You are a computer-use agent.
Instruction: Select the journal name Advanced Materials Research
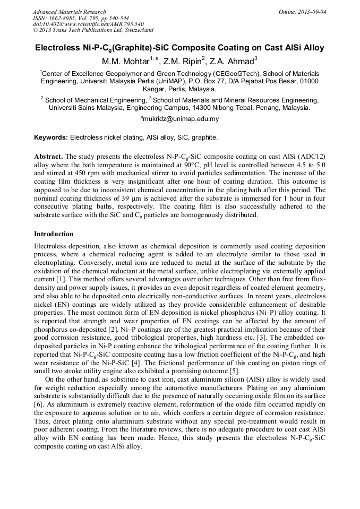pyautogui.click(x=69, y=12)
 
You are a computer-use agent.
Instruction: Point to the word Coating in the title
pyautogui.click(x=217, y=47)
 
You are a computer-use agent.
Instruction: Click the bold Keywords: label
pyautogui.click(x=51, y=137)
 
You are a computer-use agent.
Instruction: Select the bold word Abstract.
pyautogui.click(x=48, y=157)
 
